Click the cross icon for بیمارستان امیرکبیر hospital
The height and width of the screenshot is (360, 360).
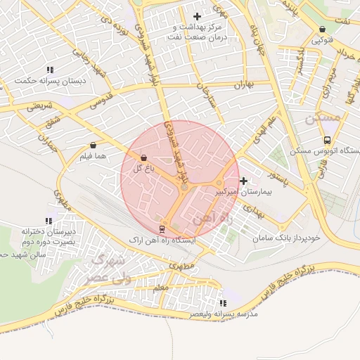click(x=243, y=181)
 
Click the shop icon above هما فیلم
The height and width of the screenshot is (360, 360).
click(x=93, y=145)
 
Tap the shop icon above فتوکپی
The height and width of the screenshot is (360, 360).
click(x=322, y=30)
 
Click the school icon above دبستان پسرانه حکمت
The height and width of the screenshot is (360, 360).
click(x=50, y=70)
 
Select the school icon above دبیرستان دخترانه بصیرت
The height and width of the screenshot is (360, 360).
click(x=49, y=221)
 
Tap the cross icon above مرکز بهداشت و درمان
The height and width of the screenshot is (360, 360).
click(x=196, y=15)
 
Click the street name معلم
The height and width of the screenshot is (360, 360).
click(x=160, y=288)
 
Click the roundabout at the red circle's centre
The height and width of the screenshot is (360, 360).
click(x=184, y=187)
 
